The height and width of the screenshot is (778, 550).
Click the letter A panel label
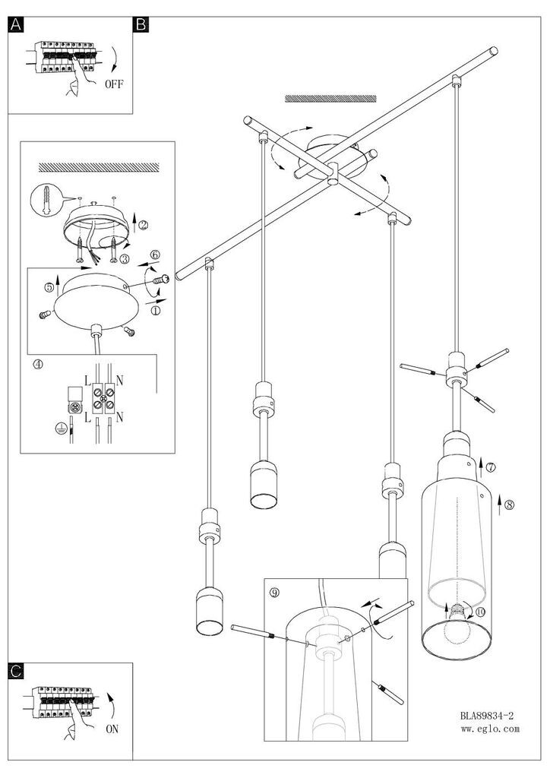click(x=16, y=24)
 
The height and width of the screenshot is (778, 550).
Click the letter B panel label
click(x=141, y=24)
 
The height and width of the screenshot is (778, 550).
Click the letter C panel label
click(x=16, y=671)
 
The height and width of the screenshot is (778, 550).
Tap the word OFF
click(x=114, y=84)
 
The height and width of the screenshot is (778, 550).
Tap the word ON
click(x=112, y=729)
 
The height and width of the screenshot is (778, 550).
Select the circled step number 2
click(x=143, y=225)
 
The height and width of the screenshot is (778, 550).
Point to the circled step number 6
click(x=155, y=255)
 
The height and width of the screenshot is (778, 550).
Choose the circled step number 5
click(x=49, y=287)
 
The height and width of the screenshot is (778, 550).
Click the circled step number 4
click(x=38, y=364)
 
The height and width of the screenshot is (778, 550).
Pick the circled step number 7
click(x=491, y=467)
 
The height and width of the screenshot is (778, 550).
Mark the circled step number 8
click(x=509, y=505)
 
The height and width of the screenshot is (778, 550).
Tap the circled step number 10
click(x=480, y=612)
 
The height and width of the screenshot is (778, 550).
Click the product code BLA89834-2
click(x=486, y=716)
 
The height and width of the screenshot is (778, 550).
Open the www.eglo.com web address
click(x=490, y=729)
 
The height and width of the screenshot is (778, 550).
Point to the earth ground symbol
click(x=61, y=429)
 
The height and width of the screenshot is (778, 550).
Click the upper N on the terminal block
click(x=119, y=381)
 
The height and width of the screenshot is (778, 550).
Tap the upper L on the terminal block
click(x=87, y=381)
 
